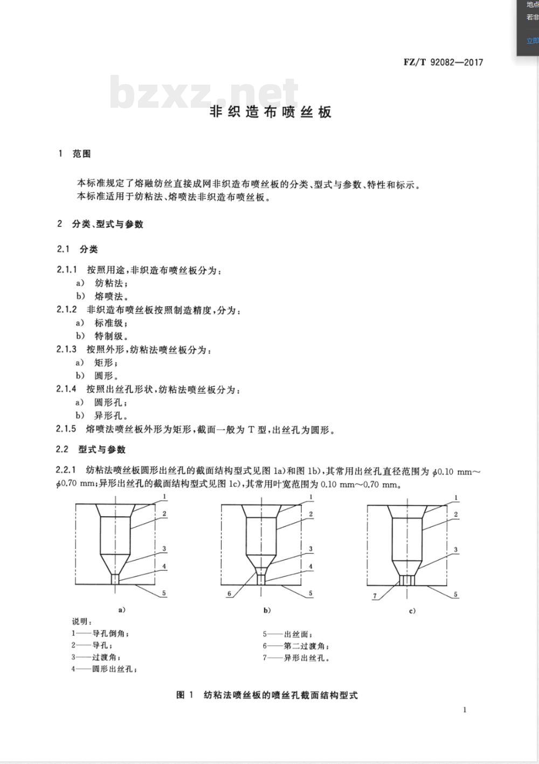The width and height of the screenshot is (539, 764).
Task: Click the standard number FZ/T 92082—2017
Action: (443, 62)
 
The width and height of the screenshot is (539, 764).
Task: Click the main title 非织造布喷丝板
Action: (270, 112)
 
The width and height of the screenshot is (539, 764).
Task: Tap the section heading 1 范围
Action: (75, 154)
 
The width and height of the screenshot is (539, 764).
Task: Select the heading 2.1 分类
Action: (78, 249)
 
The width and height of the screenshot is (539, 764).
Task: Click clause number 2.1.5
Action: (66, 429)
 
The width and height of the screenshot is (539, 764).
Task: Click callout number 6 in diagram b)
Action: (229, 594)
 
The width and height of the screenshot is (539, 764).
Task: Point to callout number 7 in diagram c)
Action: (375, 596)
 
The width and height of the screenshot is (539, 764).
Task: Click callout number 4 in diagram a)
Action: (164, 566)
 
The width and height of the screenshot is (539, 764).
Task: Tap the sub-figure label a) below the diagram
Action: (122, 610)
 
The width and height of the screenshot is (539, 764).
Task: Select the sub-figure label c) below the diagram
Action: (412, 610)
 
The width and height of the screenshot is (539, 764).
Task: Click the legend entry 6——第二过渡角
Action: (296, 646)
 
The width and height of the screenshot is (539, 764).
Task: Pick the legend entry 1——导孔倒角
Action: (101, 634)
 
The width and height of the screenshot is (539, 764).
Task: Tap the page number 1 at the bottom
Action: (465, 710)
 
